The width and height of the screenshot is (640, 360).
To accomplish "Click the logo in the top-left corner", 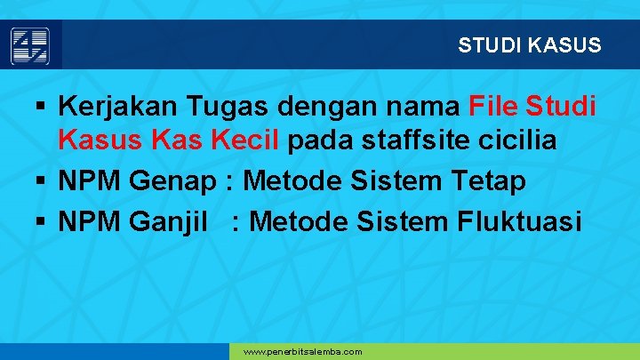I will (30, 44).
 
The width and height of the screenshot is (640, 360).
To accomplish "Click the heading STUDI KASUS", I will (530, 44).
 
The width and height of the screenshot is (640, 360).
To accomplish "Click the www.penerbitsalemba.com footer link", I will (302, 352).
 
